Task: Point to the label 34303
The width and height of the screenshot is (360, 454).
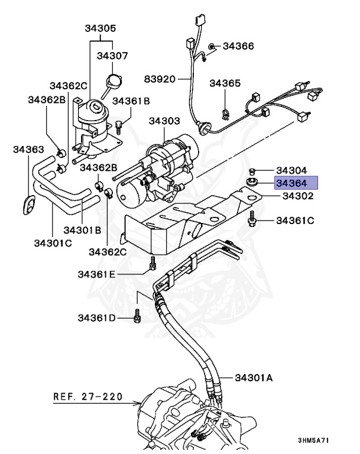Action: pos(164,121)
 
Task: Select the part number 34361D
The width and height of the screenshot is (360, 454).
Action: pos(98,318)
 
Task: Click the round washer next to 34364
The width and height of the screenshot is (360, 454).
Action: pos(252,182)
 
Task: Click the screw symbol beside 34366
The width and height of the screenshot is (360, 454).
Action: pos(212,46)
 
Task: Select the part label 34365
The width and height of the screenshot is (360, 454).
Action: pos(225,83)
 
